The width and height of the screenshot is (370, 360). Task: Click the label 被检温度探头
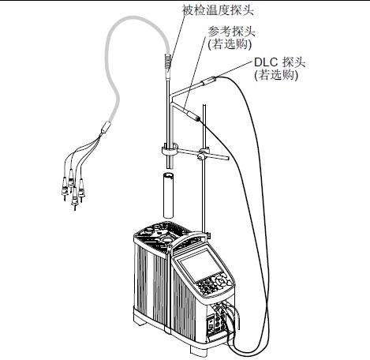(x=218, y=10)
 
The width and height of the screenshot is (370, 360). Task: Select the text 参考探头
(x=231, y=32)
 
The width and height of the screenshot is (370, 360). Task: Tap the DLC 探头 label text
(x=279, y=62)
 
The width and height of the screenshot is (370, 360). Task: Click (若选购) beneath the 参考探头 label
(x=230, y=44)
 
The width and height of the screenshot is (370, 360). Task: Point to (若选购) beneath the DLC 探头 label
(x=276, y=75)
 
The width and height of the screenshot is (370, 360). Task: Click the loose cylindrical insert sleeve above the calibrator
(x=168, y=195)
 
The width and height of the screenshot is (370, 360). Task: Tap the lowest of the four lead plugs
(x=75, y=199)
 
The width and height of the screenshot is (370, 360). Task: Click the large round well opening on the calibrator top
(x=166, y=239)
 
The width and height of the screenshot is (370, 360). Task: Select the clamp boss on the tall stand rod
(x=203, y=155)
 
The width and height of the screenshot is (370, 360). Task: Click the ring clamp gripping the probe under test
(x=170, y=151)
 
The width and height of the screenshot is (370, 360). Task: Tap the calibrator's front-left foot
(x=140, y=321)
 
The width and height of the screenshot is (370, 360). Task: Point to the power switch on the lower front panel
(x=211, y=325)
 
